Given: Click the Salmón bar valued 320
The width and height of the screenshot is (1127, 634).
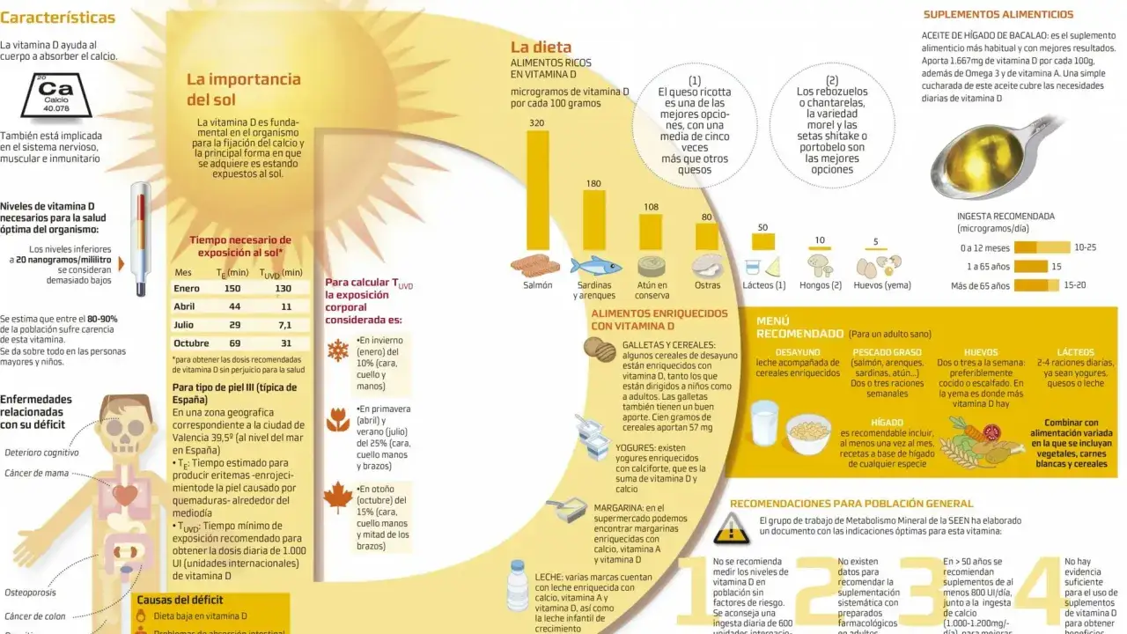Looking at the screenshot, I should click(535, 189).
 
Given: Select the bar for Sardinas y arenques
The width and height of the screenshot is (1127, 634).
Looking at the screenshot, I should click(593, 221).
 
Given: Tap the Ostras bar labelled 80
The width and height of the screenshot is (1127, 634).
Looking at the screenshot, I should click(706, 236).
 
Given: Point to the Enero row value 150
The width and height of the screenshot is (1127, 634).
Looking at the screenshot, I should click(232, 289).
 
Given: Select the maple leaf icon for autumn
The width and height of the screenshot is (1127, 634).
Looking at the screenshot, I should click(338, 498).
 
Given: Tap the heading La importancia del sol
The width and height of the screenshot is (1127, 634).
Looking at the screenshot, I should click(244, 89).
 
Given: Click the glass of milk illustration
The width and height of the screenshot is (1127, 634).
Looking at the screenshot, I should click(764, 422).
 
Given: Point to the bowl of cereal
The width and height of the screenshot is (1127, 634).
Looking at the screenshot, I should click(808, 432).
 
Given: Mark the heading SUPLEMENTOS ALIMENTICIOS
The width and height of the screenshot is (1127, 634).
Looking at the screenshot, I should click(998, 15).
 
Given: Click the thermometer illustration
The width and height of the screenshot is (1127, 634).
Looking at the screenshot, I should click(140, 238).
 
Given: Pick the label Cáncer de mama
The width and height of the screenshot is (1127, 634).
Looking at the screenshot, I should click(37, 474).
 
